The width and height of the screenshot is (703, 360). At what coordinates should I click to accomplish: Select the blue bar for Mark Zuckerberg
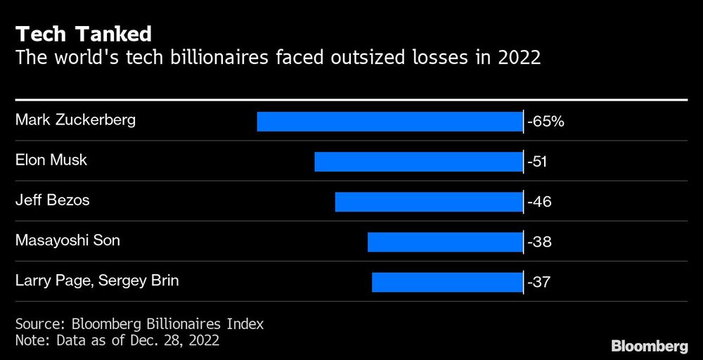[390, 121]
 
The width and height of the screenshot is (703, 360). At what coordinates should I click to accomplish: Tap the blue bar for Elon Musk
[419, 161]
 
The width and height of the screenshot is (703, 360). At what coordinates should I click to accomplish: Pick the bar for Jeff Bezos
[429, 201]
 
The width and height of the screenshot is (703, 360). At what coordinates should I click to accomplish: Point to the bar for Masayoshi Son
[445, 242]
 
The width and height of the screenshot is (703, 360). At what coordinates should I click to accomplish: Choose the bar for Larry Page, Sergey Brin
[447, 282]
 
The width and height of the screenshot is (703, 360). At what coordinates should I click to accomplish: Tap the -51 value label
[538, 162]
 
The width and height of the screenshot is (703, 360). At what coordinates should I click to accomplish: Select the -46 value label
[538, 202]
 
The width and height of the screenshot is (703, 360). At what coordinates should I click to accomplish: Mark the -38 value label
[538, 242]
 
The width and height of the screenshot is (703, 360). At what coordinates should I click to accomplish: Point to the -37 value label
[538, 283]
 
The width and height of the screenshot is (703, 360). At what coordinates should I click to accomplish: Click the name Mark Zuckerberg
[75, 120]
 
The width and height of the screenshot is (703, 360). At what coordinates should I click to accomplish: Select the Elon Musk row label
[51, 160]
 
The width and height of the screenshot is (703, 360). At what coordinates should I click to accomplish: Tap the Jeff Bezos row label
[53, 200]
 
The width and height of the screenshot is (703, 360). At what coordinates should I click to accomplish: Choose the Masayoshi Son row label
[67, 240]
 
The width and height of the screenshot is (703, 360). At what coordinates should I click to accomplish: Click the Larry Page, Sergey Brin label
[97, 281]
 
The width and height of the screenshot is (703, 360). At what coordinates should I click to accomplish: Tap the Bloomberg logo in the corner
[649, 346]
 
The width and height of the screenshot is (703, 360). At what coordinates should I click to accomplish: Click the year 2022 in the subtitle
[519, 58]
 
